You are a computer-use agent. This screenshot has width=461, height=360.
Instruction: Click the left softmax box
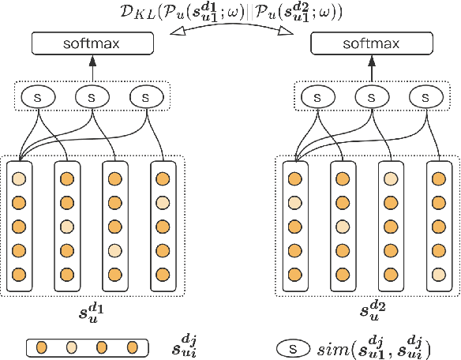point(92,44)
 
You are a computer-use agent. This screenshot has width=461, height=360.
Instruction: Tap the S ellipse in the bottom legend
point(294,347)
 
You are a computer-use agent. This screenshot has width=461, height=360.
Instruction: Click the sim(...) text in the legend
point(376,347)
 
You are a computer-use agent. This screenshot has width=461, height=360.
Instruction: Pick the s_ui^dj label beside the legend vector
point(185,347)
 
